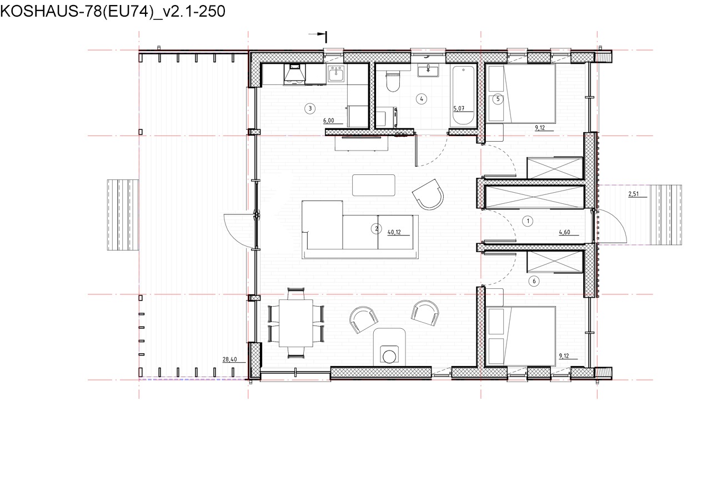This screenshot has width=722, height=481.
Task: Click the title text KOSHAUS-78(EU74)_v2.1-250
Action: [x=113, y=11]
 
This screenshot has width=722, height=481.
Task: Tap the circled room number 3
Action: [x=310, y=108]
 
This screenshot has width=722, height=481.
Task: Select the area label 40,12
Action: [x=394, y=232]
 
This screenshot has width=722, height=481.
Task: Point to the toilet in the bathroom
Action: [x=393, y=82]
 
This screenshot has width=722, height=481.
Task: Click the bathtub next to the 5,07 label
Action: [x=463, y=95]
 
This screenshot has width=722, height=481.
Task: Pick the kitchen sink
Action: [x=336, y=73]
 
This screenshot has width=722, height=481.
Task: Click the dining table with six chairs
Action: [x=296, y=323]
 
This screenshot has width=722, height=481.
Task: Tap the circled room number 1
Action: [x=528, y=221]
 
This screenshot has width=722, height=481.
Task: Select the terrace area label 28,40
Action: [x=229, y=359]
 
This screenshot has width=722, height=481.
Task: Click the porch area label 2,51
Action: [x=633, y=194]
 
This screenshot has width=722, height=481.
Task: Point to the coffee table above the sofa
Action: [x=374, y=185]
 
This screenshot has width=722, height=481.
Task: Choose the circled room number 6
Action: [x=534, y=281]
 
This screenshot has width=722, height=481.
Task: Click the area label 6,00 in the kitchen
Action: [x=328, y=121]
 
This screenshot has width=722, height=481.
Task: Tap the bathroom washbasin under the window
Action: [x=428, y=71]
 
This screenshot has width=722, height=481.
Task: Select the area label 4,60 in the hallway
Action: [x=564, y=232]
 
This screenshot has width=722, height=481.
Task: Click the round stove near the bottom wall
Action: [x=389, y=357]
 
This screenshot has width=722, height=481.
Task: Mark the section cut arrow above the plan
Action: [x=318, y=34]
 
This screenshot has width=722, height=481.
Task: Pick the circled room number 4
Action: [x=422, y=99]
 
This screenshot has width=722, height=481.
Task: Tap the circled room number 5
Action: [x=498, y=99]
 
